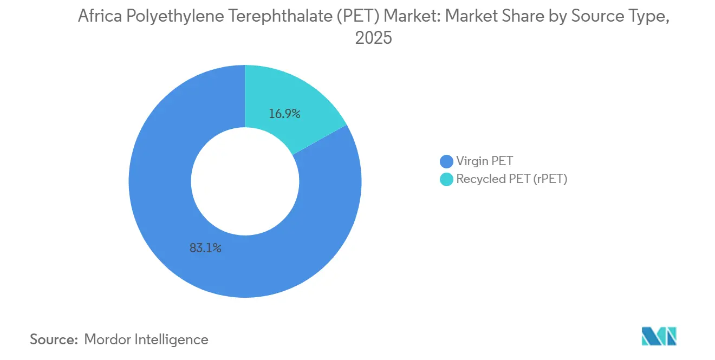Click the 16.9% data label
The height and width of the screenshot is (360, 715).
pyautogui.click(x=284, y=114)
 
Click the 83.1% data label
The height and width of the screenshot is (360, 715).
pyautogui.click(x=205, y=249)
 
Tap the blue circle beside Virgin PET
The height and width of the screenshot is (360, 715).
pyautogui.click(x=446, y=161)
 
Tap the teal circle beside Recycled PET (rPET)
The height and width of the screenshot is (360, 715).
pyautogui.click(x=446, y=179)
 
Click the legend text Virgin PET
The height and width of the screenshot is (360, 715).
pyautogui.click(x=484, y=161)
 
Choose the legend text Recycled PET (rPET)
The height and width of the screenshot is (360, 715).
pyautogui.click(x=511, y=179)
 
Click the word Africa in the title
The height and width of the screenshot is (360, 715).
pyautogui.click(x=99, y=17)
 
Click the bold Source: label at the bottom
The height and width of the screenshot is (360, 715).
pyautogui.click(x=54, y=339)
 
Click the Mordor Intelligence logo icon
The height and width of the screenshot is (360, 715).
pyautogui.click(x=659, y=336)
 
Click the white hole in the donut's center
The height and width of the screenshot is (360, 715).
pyautogui.click(x=245, y=181)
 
